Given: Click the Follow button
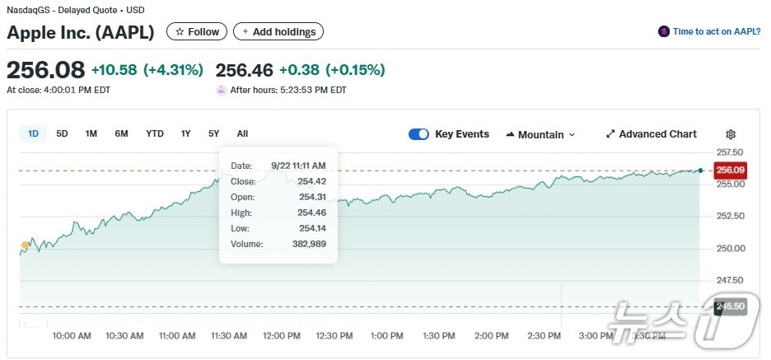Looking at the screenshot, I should point(197,32).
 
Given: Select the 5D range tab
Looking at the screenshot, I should point(63,133).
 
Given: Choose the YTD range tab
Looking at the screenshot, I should point(155,133).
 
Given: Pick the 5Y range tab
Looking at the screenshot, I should point(213,133).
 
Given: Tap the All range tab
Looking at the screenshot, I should point(242,133).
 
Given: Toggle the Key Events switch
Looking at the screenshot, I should point(418,134).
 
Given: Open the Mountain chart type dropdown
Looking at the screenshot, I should point(540,134).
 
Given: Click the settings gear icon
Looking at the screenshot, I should point(731,134).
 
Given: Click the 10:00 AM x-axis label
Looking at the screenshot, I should point(72,336).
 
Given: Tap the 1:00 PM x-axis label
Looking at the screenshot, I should point(387,336).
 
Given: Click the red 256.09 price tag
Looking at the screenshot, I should point(730,171).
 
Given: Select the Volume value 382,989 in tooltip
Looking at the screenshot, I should point(310,244).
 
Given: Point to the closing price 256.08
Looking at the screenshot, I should point(45,69).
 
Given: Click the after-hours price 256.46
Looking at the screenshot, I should point(244,69).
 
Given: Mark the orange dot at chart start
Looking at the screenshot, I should point(25,245).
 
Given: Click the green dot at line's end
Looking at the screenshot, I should point(700,171).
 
